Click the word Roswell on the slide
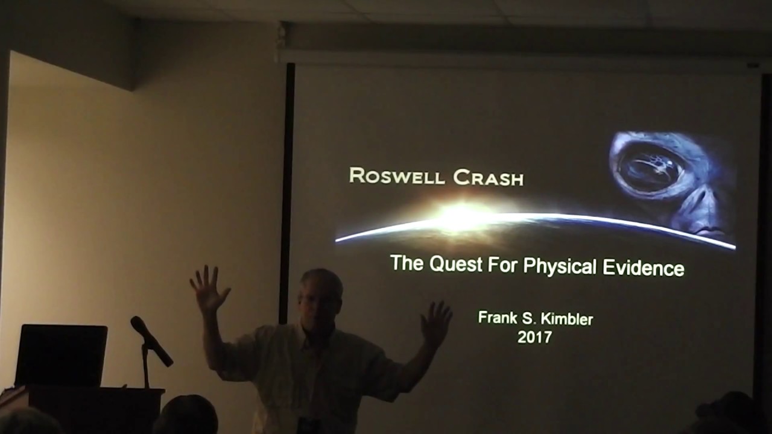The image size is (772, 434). [396, 176]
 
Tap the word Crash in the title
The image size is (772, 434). [488, 177]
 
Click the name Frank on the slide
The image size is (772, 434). [497, 318]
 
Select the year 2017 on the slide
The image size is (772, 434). [534, 337]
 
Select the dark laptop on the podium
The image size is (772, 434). [61, 355]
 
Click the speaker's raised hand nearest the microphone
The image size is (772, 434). [209, 289]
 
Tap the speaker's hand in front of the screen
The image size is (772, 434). [436, 323]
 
